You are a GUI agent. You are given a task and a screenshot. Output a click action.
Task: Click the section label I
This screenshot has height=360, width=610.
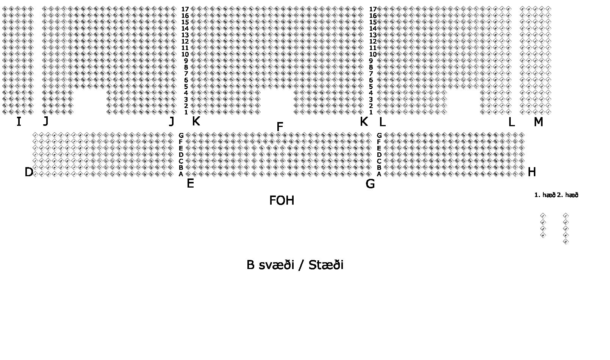tap(19, 122)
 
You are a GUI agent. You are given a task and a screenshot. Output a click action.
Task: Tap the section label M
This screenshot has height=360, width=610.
tap(538, 122)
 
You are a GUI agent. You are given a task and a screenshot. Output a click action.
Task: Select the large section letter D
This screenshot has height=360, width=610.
tap(29, 172)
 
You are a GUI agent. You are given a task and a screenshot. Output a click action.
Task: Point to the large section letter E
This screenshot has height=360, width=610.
tap(190, 184)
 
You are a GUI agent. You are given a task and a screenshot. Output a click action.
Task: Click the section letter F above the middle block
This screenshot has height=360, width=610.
tap(280, 127)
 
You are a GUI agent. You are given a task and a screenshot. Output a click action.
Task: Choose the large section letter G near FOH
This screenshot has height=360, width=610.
tap(370, 184)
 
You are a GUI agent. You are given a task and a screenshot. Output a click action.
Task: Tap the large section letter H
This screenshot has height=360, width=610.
tap(532, 172)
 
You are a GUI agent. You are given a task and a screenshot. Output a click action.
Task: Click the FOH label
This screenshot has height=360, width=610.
tap(282, 200)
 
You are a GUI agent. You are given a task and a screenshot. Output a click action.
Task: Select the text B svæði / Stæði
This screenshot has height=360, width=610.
tap(295, 265)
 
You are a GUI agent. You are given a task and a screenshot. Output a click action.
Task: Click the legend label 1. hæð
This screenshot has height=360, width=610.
tap(544, 195)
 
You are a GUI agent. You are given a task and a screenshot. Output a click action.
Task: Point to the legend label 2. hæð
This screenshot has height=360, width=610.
tap(568, 195)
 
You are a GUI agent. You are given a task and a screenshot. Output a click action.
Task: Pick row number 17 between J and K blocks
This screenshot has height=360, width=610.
tap(185, 9)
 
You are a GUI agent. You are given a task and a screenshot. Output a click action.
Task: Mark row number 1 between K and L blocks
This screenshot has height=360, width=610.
tap(371, 112)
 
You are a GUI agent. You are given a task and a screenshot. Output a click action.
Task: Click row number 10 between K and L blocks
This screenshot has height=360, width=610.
tap(373, 54)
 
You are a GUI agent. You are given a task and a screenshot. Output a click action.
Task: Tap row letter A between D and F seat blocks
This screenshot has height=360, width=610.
tap(181, 174)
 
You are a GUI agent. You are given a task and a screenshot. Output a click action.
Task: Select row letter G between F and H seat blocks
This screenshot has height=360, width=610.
tap(379, 135)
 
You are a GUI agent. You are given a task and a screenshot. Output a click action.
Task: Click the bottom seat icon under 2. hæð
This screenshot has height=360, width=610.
tap(566, 242)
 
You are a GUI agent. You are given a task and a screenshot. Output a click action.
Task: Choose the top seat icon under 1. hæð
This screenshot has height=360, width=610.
tap(543, 216)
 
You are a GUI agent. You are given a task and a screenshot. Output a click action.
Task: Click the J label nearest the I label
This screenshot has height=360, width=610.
tap(45, 121)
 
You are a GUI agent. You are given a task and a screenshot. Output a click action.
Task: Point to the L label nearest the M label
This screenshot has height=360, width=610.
tap(511, 122)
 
